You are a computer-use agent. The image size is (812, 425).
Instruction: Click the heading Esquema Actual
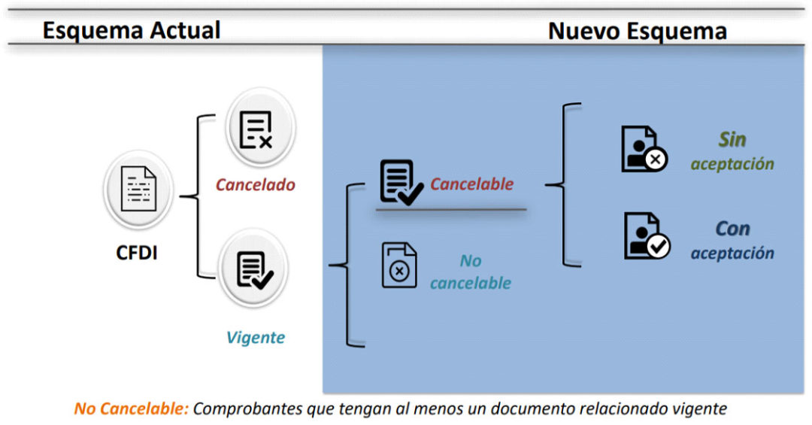132,31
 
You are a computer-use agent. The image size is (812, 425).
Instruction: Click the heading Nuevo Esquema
638,31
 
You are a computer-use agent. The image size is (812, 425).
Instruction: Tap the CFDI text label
137,253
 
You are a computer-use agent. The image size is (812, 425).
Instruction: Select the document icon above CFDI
138,189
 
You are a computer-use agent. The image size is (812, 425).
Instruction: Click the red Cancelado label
256,184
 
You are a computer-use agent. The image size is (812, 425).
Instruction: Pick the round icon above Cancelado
260,128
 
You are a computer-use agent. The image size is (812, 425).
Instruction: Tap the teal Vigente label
256,338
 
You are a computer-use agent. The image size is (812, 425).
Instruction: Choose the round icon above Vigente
253,269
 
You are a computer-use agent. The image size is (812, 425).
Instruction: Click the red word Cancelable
471,184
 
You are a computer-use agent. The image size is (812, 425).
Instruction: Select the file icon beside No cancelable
399,265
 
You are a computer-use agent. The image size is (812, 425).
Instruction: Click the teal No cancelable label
470,272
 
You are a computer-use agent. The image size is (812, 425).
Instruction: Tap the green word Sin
732,139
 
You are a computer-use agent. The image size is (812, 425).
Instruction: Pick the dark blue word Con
732,229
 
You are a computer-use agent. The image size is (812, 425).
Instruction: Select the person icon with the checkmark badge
647,236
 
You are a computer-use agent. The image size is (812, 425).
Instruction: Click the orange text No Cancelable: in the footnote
132,408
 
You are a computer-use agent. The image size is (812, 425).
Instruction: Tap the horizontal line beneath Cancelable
451,209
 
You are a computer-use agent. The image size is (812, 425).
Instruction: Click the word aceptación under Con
732,253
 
